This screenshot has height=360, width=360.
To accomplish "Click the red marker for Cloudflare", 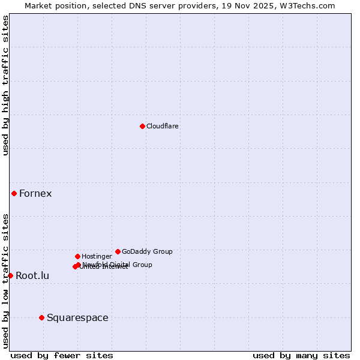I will (x=142, y=126).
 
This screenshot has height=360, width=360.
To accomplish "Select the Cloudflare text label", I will (x=162, y=126).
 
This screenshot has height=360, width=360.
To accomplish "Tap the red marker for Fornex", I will (x=14, y=193).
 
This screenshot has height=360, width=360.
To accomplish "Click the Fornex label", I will (x=35, y=193).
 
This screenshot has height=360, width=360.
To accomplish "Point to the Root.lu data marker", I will (x=10, y=275).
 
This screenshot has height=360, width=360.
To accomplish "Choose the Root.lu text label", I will (x=32, y=276).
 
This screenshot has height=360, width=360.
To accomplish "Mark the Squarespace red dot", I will (x=41, y=317).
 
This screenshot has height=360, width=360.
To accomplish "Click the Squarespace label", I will (x=77, y=317).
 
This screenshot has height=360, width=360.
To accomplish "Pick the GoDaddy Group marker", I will (x=118, y=251).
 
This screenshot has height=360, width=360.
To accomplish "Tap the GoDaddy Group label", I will (x=147, y=251).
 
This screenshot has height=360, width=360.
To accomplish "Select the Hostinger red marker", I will (x=77, y=256).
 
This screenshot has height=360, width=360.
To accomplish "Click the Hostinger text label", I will (x=97, y=256).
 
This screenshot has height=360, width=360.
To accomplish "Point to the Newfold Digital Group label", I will (x=118, y=264).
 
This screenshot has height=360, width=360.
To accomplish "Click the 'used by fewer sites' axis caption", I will (x=62, y=355).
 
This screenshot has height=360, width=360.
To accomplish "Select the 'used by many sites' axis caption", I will (x=301, y=355).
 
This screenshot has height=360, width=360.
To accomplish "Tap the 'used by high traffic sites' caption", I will (x=5, y=85).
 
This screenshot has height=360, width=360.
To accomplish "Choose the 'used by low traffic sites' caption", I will (x=5, y=280).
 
